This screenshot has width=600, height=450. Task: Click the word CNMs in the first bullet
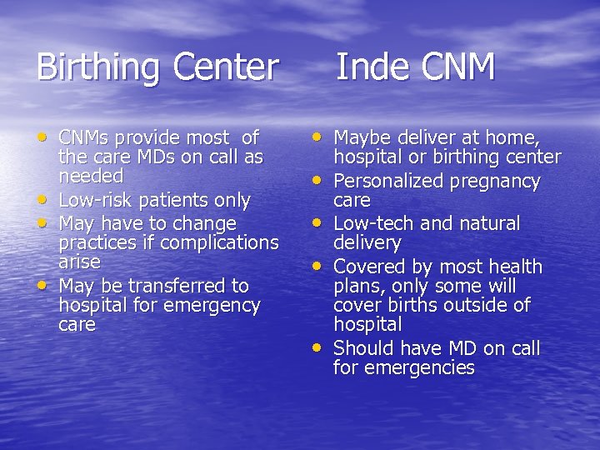[85, 137]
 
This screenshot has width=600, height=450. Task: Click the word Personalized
[390, 181]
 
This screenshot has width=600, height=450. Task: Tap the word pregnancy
[496, 181]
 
